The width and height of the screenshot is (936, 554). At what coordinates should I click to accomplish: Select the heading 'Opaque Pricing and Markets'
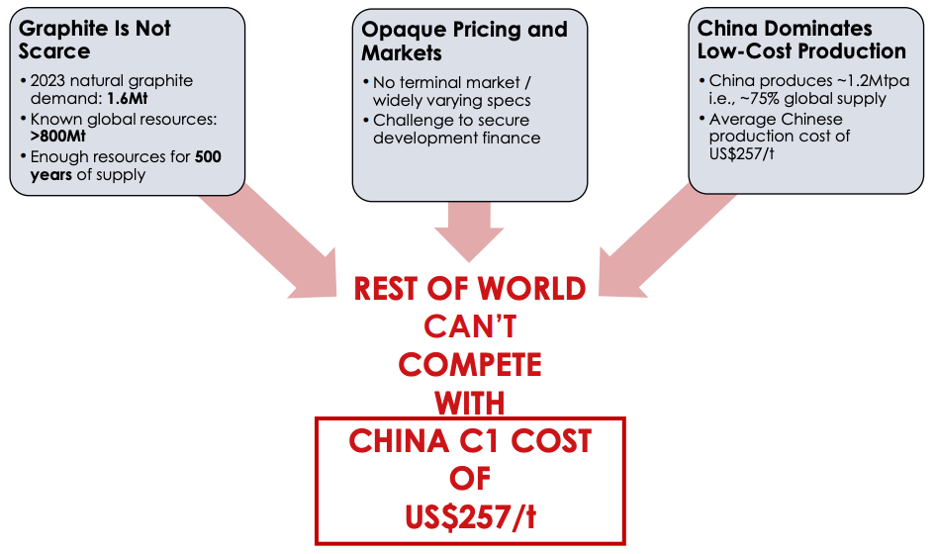(x=464, y=41)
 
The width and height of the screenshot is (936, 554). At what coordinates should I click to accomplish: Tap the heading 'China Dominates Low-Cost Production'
(x=801, y=39)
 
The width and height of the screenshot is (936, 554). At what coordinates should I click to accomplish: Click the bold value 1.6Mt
(x=128, y=99)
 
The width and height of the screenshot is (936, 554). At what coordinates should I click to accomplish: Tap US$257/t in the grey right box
(x=745, y=154)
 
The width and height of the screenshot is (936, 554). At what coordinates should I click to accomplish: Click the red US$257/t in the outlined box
(x=470, y=516)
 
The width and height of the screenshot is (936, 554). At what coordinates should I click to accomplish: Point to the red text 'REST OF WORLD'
(x=470, y=289)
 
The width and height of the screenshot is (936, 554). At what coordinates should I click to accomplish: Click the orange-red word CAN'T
(x=470, y=326)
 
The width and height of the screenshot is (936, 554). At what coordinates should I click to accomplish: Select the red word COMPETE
(x=470, y=364)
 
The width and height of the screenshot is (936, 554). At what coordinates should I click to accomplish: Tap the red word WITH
(x=470, y=403)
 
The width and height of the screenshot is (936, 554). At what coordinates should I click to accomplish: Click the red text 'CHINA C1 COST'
(x=470, y=440)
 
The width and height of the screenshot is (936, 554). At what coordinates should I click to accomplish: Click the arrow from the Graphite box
(x=267, y=242)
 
